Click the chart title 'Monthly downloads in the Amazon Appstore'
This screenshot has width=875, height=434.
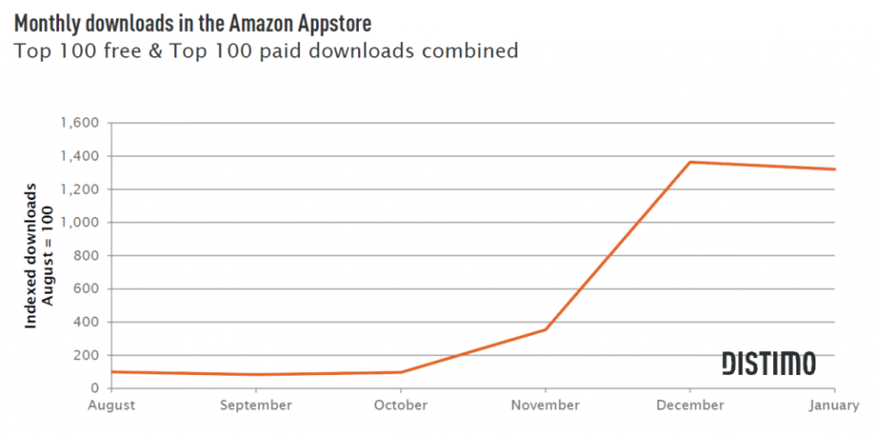click(x=193, y=21)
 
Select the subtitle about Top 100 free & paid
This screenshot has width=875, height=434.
click(x=266, y=50)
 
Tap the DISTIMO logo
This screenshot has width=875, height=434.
click(x=768, y=363)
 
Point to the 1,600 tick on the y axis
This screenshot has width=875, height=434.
click(x=80, y=123)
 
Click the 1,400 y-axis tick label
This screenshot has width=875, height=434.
click(x=80, y=156)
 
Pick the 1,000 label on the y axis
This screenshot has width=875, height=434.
click(x=80, y=222)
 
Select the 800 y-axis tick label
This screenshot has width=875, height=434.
click(x=87, y=255)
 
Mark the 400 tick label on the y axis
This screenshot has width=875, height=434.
click(x=87, y=321)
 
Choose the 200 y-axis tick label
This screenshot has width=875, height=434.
click(x=87, y=355)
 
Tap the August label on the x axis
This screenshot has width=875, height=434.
click(x=111, y=405)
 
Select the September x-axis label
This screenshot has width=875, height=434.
click(x=255, y=405)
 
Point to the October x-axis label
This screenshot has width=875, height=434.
click(x=400, y=405)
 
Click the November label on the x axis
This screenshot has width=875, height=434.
click(x=545, y=405)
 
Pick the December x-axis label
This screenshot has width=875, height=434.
click(x=689, y=405)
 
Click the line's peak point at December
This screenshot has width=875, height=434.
click(x=689, y=162)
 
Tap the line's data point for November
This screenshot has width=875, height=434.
click(x=545, y=330)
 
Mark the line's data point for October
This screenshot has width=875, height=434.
click(x=400, y=371)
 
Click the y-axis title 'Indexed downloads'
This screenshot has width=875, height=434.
click(x=30, y=256)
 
